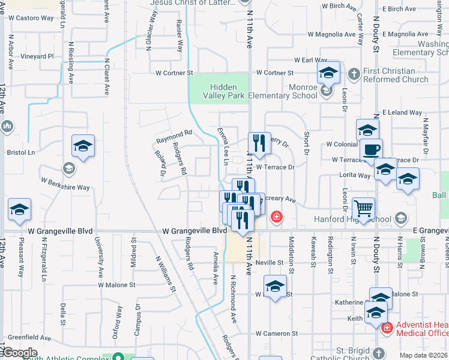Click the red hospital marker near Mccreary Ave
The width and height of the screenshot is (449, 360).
[276, 216]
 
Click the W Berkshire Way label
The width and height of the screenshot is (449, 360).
[65, 184]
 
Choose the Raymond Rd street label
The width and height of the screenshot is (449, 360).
[173, 136]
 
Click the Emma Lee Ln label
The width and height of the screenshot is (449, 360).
[223, 146]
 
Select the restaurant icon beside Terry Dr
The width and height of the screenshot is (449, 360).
[259, 142]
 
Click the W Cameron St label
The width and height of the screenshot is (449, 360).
[277, 333]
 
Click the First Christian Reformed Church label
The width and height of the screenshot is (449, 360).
[396, 75]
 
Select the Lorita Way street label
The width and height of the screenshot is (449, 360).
[356, 176]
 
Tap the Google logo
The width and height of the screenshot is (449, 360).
[20, 353]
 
